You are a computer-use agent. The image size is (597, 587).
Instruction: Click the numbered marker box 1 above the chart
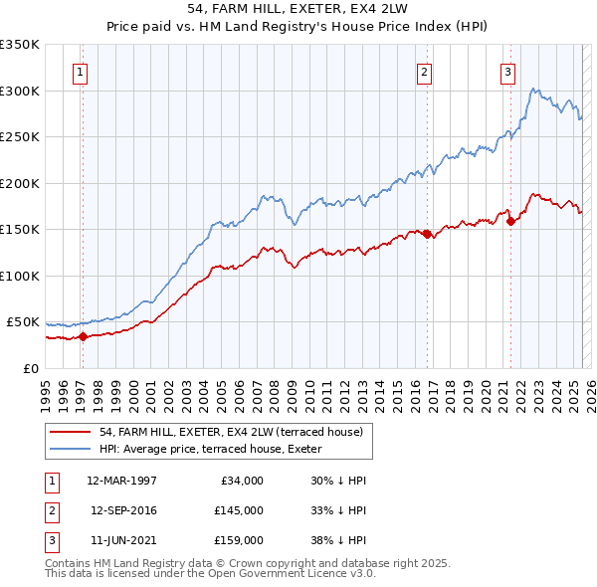79,71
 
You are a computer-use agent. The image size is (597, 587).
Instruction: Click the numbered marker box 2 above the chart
424,71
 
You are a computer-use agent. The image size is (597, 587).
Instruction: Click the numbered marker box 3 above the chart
507,71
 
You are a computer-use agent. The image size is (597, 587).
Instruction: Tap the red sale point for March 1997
84,336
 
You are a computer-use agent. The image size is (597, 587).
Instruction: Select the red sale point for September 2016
427,234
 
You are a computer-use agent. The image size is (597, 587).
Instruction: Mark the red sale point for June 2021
510,221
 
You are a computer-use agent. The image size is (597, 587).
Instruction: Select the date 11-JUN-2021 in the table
122,540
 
